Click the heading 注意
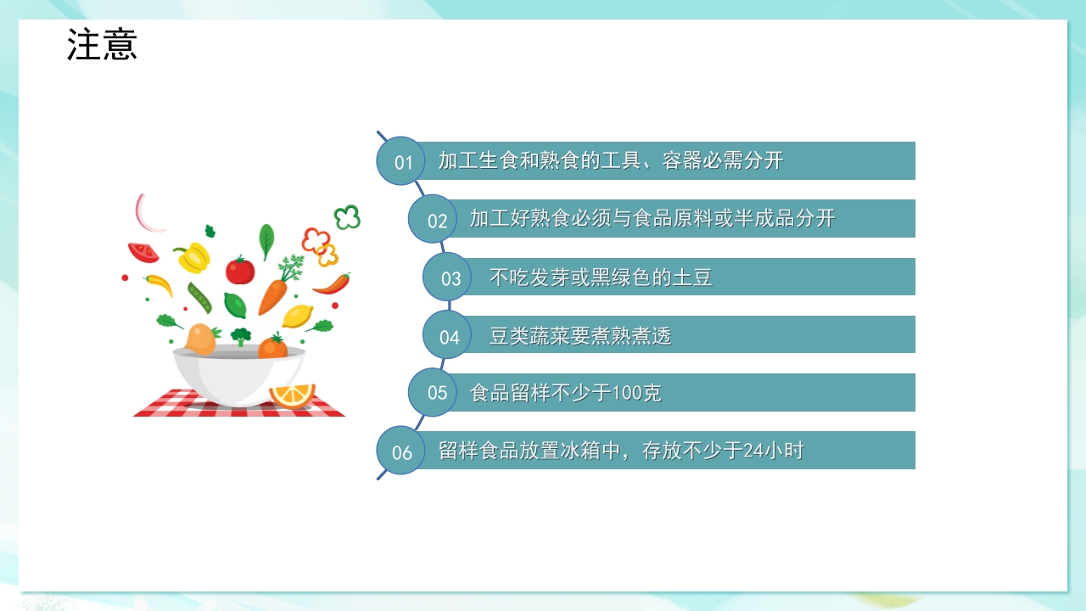pos(102,45)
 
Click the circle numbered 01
pos(401,161)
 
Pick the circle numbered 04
pos(448,336)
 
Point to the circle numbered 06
pos(401,451)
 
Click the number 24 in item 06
pos(753,451)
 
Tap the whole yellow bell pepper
pos(194,255)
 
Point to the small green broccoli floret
pos(241,336)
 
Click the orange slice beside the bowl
pos(292,395)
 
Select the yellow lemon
pos(297,316)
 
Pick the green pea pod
pos(199,298)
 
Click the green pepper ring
pos(347,217)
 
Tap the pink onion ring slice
pos(150,214)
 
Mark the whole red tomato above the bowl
pos(240,270)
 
